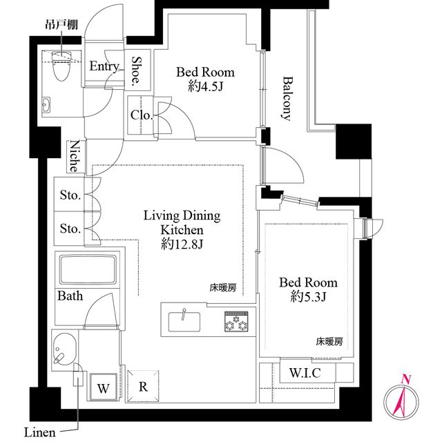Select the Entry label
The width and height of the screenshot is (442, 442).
pyautogui.click(x=104, y=66)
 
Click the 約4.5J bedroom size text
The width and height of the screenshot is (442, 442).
pyautogui.click(x=204, y=86)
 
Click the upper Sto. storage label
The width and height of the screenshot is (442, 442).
pyautogui.click(x=70, y=195)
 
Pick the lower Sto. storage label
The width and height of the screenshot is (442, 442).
pyautogui.click(x=70, y=229)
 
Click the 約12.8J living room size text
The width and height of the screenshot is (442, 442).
pyautogui.click(x=181, y=244)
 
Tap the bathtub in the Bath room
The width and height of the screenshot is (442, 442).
pyautogui.click(x=88, y=269)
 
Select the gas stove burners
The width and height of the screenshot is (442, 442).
pyautogui.click(x=235, y=320)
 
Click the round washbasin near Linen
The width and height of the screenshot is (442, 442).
pyautogui.click(x=64, y=348)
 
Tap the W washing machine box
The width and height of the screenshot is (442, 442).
pyautogui.click(x=104, y=388)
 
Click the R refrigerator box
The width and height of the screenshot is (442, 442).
pyautogui.click(x=143, y=387)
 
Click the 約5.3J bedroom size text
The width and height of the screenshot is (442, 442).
pyautogui.click(x=308, y=298)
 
